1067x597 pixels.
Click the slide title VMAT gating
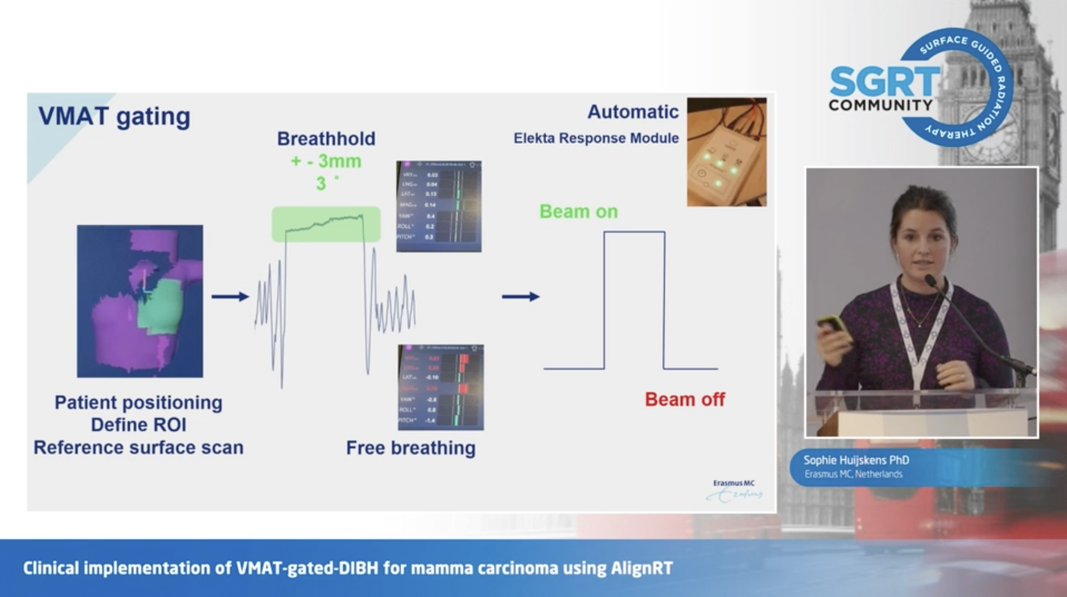click(x=114, y=117)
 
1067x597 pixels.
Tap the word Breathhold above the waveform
click(x=326, y=138)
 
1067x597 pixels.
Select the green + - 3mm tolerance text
click(x=326, y=161)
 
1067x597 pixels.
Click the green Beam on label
click(x=579, y=211)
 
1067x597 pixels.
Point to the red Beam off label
click(x=685, y=399)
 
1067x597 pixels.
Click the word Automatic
click(x=633, y=112)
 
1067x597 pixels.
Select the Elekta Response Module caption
click(x=596, y=138)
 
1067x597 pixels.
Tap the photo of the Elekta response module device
click(x=726, y=152)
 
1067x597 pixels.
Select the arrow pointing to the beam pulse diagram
click(x=521, y=297)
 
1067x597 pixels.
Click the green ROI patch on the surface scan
click(x=161, y=305)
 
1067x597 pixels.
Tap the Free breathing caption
click(x=411, y=448)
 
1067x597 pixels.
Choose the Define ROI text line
click(x=138, y=425)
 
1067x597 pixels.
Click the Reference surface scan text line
click(x=138, y=447)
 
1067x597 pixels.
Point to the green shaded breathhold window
click(x=326, y=224)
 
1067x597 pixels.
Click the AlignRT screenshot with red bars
click(x=441, y=387)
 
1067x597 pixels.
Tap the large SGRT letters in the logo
click(x=884, y=82)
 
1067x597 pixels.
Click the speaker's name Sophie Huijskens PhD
click(x=856, y=460)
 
